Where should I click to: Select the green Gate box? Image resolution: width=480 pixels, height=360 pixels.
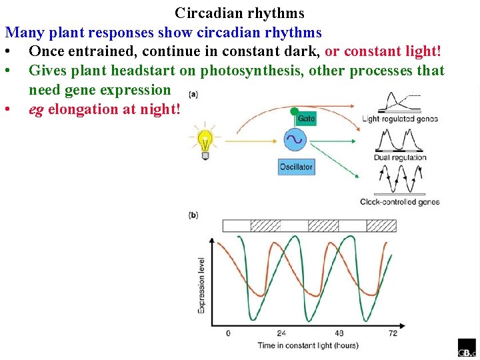305,118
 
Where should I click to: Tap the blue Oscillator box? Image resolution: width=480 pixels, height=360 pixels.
296,167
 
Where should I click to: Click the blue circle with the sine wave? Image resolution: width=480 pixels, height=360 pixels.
294,139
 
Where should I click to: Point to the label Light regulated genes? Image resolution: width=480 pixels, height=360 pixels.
399,119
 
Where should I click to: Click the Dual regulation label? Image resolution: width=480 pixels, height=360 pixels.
400,158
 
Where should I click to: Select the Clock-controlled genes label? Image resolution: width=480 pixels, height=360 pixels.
399,202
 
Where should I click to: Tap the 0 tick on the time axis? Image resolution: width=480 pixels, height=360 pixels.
228,333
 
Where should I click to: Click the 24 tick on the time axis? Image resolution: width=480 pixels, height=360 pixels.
281,333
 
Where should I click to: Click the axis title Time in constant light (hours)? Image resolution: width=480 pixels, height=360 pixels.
308,345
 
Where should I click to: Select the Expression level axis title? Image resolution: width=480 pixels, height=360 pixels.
202,285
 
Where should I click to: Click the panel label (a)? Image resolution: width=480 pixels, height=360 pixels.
193,93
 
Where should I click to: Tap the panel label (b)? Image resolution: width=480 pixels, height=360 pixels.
193,215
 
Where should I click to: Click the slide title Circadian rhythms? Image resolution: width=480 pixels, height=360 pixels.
239,13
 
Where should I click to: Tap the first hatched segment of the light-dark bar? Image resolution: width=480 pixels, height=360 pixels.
265,226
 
